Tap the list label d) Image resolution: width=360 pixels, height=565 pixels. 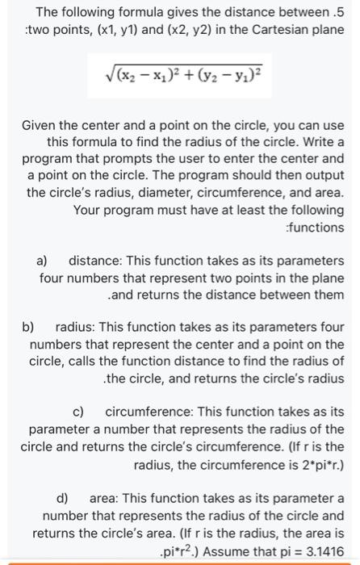62,497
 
